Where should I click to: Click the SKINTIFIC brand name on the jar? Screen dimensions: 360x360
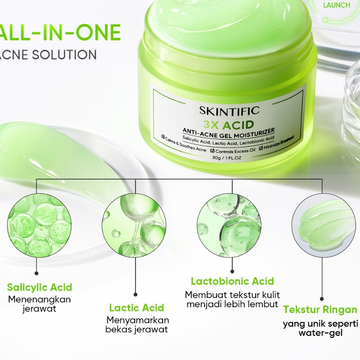(229, 111)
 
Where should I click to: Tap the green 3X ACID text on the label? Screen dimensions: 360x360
(229, 125)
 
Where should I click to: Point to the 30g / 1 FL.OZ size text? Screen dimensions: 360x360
(227, 158)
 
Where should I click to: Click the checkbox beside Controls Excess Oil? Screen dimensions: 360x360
(213, 151)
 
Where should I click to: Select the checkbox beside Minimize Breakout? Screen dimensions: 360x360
(261, 148)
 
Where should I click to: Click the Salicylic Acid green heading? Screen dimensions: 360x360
(40, 287)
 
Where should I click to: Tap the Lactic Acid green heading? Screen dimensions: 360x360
(137, 308)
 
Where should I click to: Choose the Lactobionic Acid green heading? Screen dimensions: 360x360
(233, 281)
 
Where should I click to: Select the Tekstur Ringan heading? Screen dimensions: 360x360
(320, 310)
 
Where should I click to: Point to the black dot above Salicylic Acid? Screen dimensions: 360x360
(36, 273)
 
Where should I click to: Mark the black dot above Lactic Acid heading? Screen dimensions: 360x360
(135, 294)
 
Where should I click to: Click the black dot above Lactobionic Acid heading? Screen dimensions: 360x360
(232, 271)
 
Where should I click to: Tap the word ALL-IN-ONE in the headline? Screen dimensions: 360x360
(60, 32)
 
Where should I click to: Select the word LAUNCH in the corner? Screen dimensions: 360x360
(336, 5)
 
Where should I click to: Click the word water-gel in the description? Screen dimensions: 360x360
(320, 333)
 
